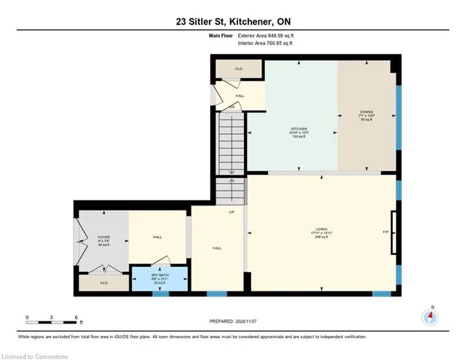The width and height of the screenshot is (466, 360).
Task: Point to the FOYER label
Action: point(103,238)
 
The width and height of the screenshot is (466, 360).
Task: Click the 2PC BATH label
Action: point(159,278)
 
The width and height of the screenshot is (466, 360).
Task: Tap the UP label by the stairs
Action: point(232,212)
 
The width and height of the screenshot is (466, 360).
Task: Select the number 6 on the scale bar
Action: point(76,317)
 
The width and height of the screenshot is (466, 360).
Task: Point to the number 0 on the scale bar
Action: point(27,317)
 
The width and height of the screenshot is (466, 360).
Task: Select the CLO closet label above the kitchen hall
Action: point(239,69)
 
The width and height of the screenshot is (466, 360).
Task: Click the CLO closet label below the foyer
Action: point(103,282)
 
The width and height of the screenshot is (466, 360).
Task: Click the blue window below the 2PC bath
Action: point(159,294)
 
